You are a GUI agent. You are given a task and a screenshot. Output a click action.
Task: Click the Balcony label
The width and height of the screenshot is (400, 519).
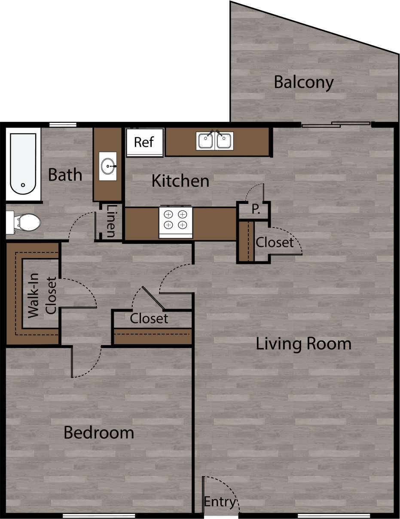303,82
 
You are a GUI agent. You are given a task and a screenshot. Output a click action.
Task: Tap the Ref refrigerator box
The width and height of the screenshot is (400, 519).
144,143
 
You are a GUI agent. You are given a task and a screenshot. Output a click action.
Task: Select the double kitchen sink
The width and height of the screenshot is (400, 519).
215,141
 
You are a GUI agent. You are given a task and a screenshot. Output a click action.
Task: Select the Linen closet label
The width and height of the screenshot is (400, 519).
110,221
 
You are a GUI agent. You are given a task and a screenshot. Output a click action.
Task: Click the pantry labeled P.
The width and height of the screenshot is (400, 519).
255,210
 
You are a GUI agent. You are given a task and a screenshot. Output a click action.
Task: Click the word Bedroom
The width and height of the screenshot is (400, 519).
99,432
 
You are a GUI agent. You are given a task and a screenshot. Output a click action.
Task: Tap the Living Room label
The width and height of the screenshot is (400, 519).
303,344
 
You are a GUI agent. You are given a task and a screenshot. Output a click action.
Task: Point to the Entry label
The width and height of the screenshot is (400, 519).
220,502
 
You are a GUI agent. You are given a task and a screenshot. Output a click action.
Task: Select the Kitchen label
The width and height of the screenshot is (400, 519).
180,181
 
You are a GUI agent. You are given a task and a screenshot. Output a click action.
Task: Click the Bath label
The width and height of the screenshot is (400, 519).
65,175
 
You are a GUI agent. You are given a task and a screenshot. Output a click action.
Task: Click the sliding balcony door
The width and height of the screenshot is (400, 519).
335,125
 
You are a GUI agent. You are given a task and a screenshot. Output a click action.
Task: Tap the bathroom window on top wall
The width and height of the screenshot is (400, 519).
63,125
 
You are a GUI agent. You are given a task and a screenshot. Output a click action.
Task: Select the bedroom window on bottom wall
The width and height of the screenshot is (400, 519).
93,516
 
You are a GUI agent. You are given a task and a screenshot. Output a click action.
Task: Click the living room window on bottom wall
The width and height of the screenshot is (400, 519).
333,516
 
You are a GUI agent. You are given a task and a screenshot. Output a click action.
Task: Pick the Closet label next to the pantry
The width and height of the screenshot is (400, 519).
275,242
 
